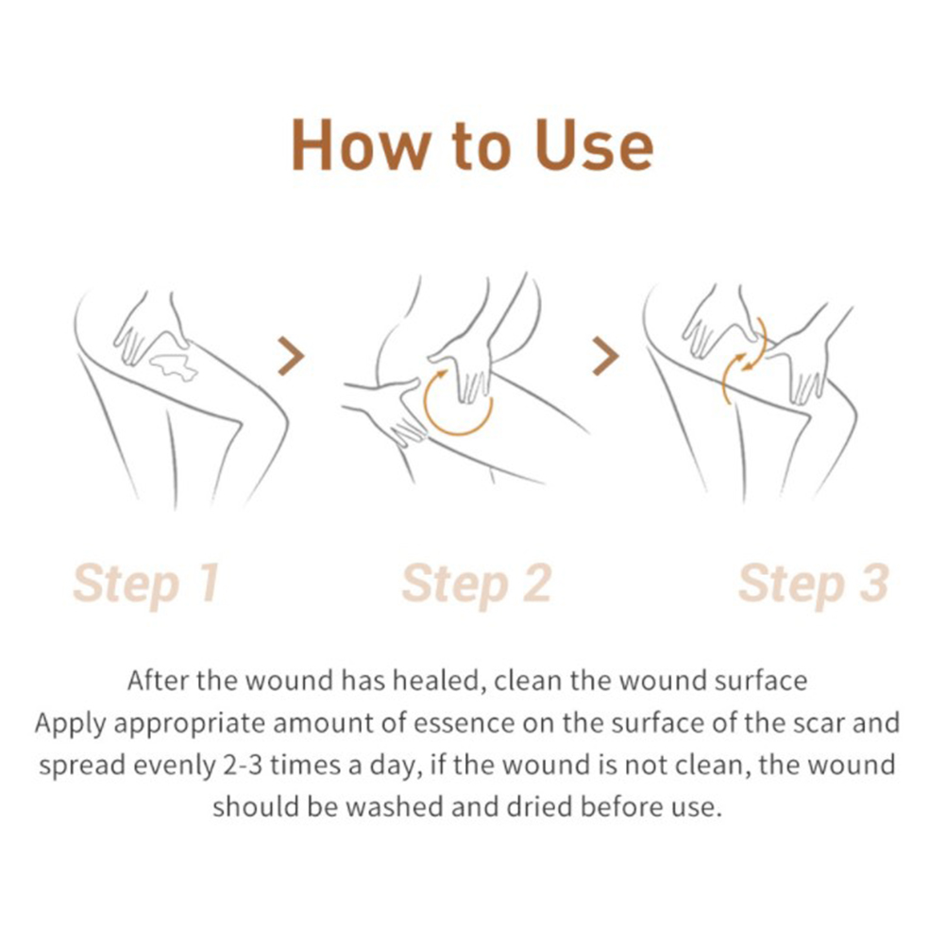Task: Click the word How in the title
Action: pos(362,145)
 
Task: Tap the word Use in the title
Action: pos(594,145)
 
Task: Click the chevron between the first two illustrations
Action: pos(291,356)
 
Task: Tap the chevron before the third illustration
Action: pos(606,356)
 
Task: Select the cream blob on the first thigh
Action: pos(174,367)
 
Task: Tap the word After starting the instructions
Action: pos(158,681)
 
